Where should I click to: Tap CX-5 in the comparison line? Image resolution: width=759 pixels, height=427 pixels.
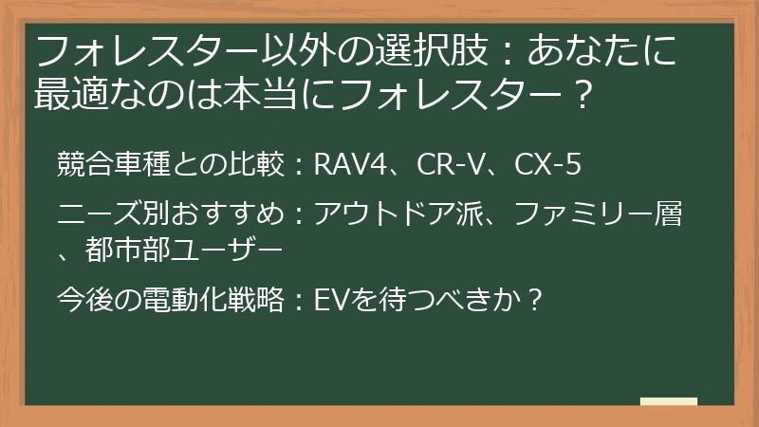(x=546, y=165)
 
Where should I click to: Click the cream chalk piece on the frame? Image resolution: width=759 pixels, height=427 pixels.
(x=669, y=401)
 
